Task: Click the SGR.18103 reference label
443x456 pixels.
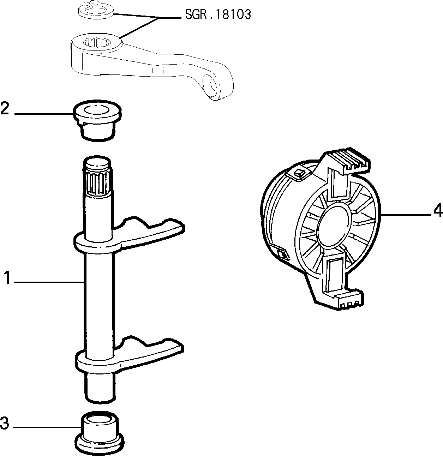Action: (x=218, y=14)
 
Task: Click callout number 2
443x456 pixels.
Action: (x=5, y=108)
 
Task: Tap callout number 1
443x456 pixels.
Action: (x=7, y=277)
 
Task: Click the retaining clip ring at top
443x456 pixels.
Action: (x=96, y=11)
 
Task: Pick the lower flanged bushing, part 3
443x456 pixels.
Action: (x=100, y=433)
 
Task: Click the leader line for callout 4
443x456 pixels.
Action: (x=406, y=214)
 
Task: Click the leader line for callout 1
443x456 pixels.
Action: (x=49, y=282)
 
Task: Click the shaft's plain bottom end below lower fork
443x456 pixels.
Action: (x=100, y=388)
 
